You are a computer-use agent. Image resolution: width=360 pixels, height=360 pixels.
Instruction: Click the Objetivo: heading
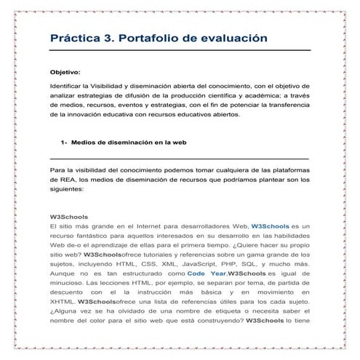(x=65, y=72)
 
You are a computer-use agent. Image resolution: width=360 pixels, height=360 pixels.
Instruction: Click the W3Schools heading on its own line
(x=68, y=218)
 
